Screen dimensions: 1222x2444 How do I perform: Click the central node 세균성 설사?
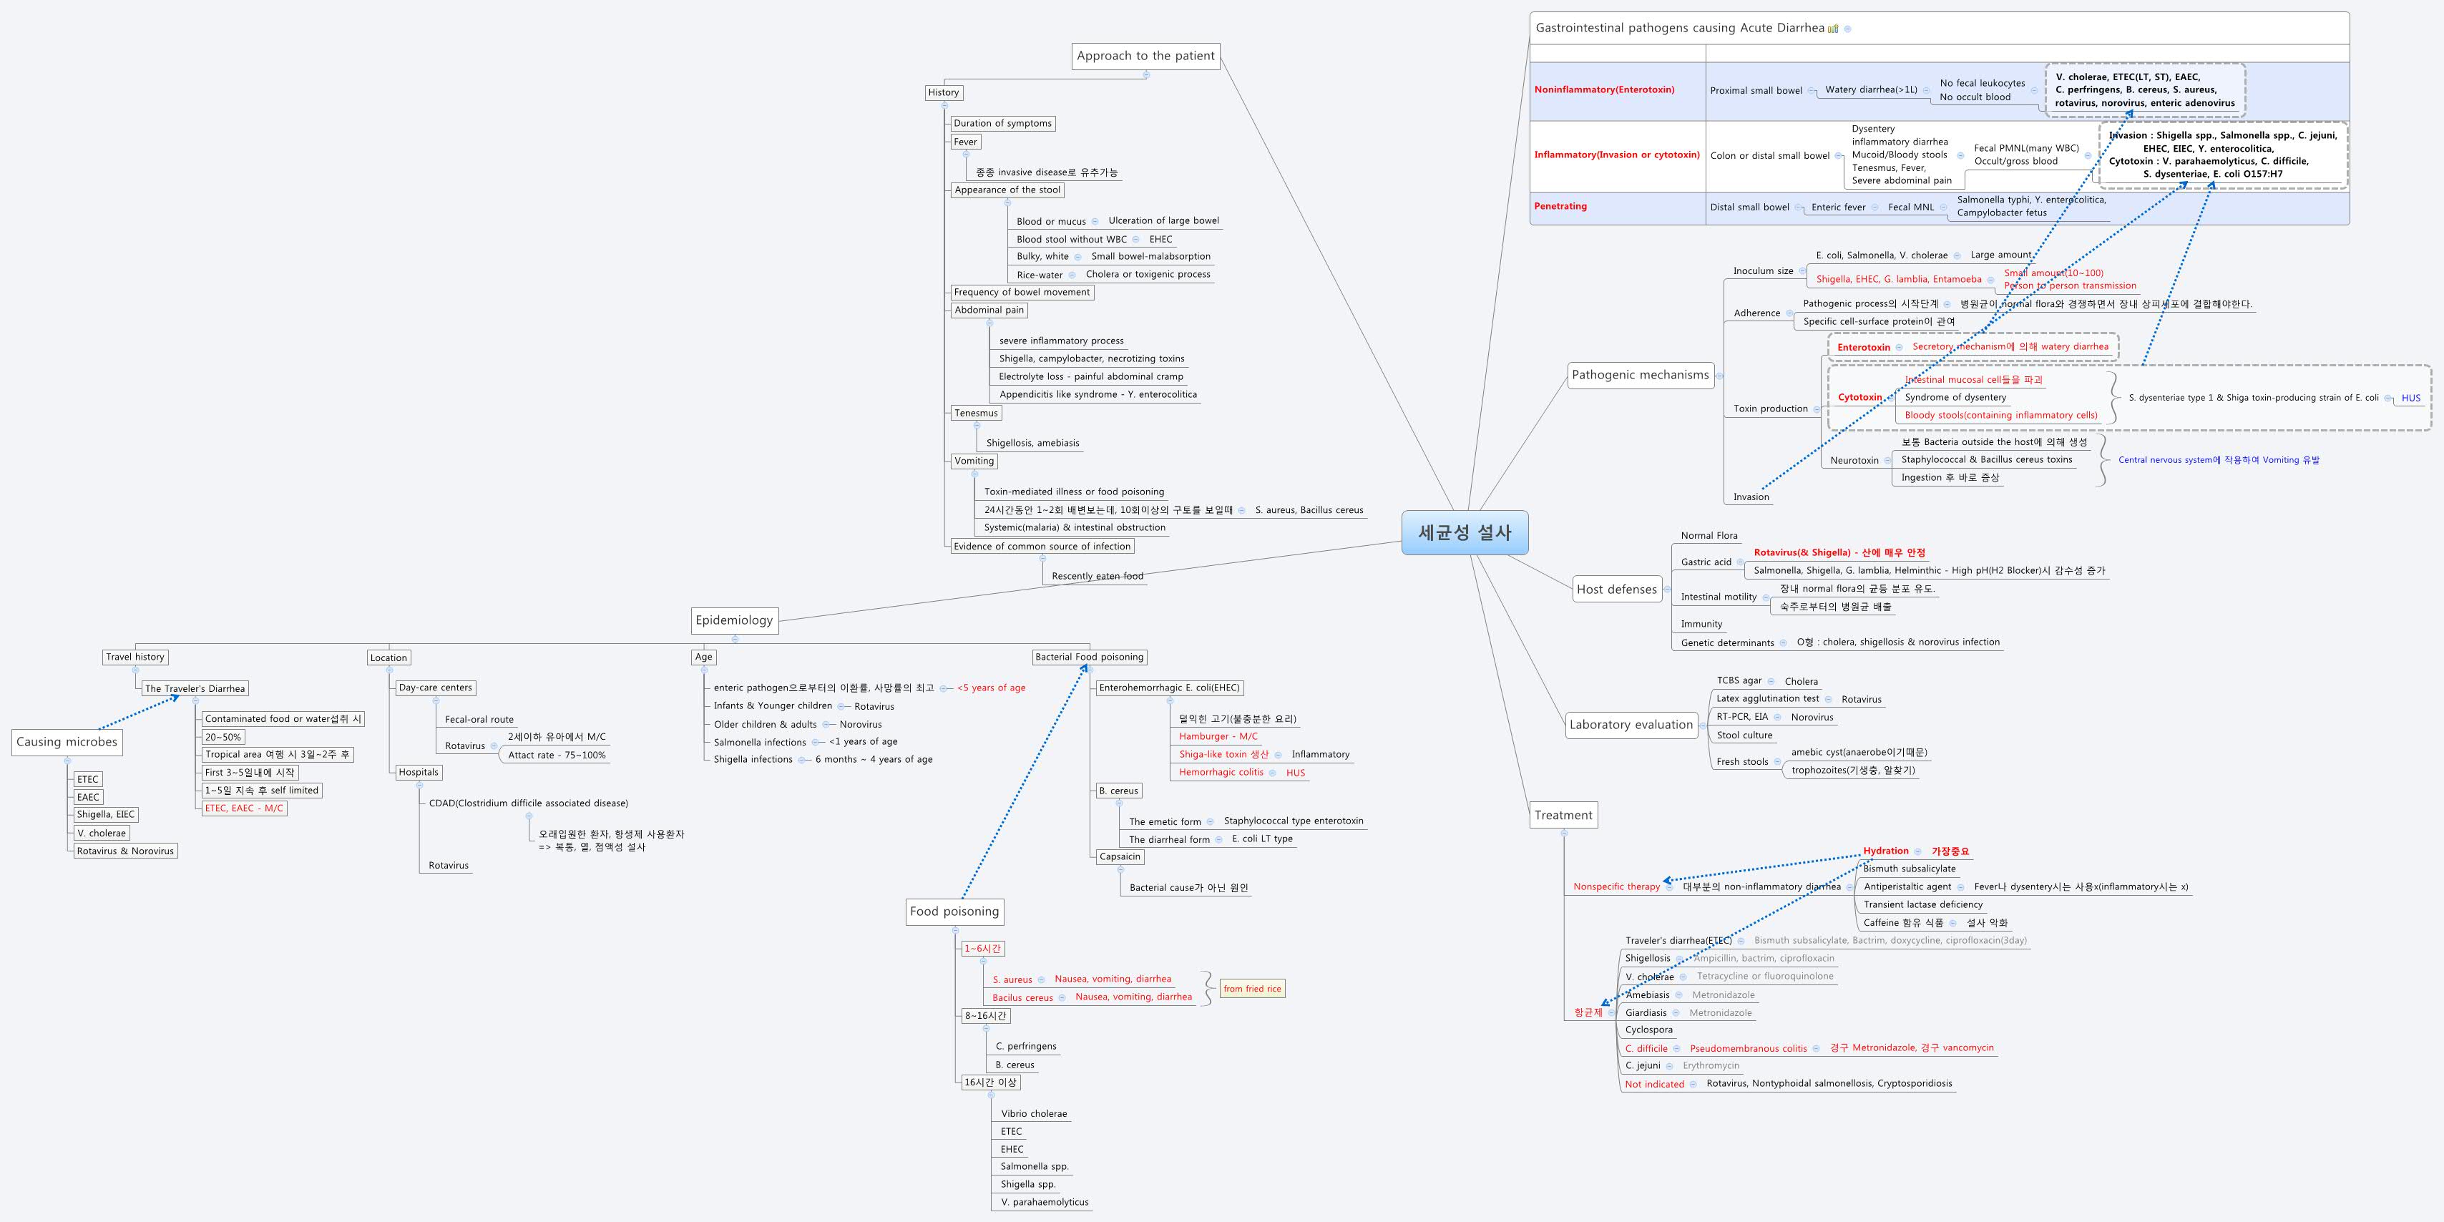(x=1464, y=532)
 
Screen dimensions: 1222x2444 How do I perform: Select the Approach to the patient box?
(x=1145, y=56)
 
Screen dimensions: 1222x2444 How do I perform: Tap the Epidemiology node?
(x=734, y=620)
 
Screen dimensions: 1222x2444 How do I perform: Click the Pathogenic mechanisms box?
(x=1639, y=375)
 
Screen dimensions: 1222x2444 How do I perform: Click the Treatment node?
(x=1563, y=815)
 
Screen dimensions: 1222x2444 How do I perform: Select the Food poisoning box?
(x=954, y=911)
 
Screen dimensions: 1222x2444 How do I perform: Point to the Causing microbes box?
(x=67, y=742)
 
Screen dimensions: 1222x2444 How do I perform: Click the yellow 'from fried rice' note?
(x=1251, y=989)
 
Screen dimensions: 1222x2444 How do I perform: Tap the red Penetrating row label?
(x=1560, y=206)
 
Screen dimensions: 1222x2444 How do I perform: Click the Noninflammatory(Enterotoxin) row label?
(x=1603, y=89)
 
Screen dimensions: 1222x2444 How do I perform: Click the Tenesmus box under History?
(x=977, y=413)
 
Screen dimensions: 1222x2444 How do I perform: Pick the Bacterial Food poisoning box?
(x=1089, y=657)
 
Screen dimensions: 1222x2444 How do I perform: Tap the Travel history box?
(x=135, y=657)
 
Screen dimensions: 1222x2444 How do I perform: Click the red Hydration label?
(x=1885, y=851)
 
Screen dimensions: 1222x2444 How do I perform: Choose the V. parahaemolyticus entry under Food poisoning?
(x=1045, y=1202)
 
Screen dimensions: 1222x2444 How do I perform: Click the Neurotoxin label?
(x=1854, y=460)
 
